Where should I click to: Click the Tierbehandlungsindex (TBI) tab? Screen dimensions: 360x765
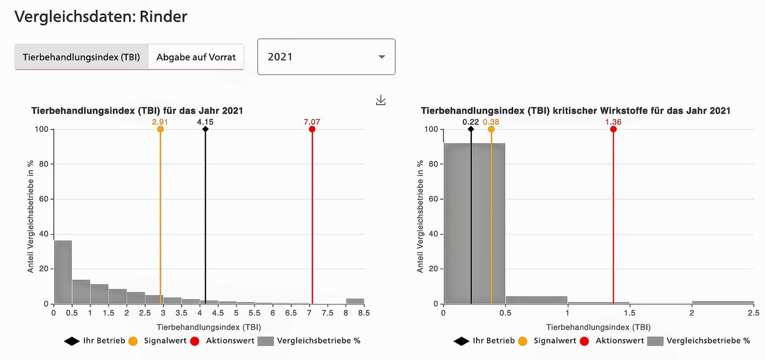click(x=81, y=57)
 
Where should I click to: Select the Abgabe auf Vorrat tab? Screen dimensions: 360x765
click(x=196, y=57)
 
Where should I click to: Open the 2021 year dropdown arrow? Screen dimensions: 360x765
click(x=381, y=57)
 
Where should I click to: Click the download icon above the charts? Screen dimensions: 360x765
click(x=380, y=100)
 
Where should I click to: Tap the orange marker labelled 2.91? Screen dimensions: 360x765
click(x=160, y=129)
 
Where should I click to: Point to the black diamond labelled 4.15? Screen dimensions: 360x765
click(x=205, y=129)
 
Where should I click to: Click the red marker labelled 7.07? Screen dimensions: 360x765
click(x=312, y=129)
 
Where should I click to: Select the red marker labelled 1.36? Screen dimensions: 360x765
click(x=613, y=129)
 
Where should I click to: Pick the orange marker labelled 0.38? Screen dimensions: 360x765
click(x=491, y=129)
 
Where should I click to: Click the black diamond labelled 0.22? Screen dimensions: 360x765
click(x=471, y=129)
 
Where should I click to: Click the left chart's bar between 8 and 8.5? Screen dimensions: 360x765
click(x=355, y=301)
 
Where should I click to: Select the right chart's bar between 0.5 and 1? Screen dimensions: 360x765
click(x=537, y=300)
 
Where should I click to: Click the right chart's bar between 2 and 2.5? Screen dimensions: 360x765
click(x=722, y=302)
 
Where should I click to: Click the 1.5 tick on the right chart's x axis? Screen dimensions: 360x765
click(x=630, y=313)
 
